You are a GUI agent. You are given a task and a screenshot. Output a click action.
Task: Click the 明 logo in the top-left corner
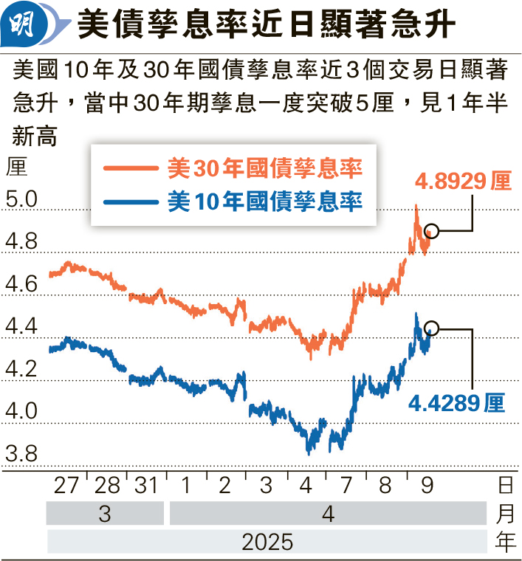[27, 24]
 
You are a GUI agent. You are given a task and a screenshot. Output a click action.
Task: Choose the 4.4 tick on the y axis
[20, 326]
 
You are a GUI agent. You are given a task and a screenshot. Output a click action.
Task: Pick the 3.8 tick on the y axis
[20, 453]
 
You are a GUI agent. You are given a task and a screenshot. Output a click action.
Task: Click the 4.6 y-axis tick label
[20, 284]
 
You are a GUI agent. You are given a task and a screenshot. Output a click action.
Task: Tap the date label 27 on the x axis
[66, 486]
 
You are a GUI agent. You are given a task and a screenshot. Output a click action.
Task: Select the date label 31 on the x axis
[146, 486]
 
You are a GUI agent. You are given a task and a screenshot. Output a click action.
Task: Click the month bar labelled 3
[105, 514]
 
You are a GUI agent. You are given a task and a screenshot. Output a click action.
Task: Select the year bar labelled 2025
[267, 542]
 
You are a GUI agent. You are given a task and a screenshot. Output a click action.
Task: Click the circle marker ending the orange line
[433, 232]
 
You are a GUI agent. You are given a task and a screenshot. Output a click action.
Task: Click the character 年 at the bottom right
[505, 542]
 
